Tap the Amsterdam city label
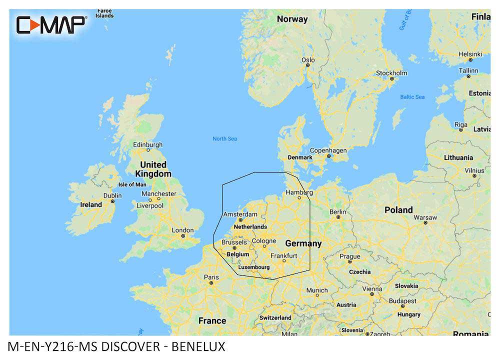(x=240, y=214)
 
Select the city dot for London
(x=183, y=235)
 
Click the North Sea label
(x=224, y=138)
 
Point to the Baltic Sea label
(x=412, y=96)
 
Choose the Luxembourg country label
(x=254, y=267)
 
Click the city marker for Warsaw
(x=425, y=223)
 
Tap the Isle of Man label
(x=132, y=184)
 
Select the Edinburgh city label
(x=148, y=145)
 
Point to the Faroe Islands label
(x=104, y=13)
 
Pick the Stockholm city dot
(x=392, y=78)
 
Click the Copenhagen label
(x=328, y=150)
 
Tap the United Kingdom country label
(x=153, y=169)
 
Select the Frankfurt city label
(x=283, y=255)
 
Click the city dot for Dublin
(x=113, y=201)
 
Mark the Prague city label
(x=350, y=256)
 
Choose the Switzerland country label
(x=275, y=317)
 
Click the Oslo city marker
(x=308, y=65)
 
